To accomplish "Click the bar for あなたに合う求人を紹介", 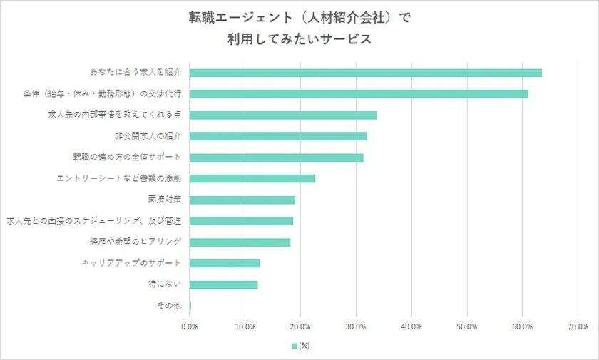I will [x=365, y=73].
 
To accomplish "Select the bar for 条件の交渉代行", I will [x=359, y=93].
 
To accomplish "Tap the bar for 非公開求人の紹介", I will [x=278, y=136].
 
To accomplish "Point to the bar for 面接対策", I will [x=242, y=200].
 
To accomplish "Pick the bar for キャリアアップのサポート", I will [x=225, y=263].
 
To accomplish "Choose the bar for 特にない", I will [x=223, y=284].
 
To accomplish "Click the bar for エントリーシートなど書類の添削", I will [x=252, y=178].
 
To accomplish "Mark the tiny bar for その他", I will [x=190, y=306].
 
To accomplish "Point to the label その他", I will [x=168, y=306].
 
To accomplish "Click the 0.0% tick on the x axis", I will [x=190, y=326].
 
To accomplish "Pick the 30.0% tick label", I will [x=356, y=326].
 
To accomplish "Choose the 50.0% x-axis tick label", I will [x=466, y=326].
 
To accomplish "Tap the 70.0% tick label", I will [x=578, y=326].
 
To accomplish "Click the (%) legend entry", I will [x=299, y=346].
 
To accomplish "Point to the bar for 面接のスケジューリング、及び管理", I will [x=241, y=221].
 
